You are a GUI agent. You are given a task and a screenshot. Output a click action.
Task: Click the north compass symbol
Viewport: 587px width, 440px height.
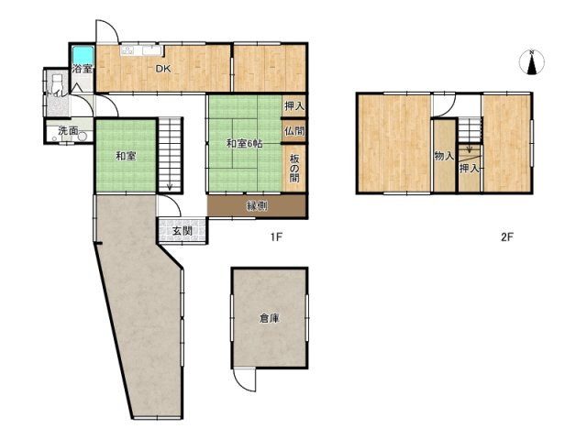532,62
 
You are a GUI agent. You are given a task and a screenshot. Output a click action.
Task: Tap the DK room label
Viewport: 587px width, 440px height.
163,69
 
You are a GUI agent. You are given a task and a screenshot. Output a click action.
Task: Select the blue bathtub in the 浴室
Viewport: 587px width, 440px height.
83,55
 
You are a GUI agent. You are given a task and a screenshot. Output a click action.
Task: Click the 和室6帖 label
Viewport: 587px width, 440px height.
244,143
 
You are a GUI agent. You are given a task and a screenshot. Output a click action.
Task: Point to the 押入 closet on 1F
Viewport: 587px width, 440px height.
294,106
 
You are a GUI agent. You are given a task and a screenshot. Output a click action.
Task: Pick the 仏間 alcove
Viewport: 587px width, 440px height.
294,131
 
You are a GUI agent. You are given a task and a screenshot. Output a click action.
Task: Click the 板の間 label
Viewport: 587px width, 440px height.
294,168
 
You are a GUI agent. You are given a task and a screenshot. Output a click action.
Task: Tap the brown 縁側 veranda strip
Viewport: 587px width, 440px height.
257,205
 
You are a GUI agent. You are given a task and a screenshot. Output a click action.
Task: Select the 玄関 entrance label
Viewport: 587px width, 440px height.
183,231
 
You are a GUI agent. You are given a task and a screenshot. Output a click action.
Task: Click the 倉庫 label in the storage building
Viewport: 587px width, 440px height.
270,318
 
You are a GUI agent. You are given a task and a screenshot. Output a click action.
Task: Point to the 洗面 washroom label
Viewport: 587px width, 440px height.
68,131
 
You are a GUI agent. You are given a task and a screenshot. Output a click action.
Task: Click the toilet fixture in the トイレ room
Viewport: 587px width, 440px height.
57,82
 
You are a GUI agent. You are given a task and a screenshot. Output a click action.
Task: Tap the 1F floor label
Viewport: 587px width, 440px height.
276,236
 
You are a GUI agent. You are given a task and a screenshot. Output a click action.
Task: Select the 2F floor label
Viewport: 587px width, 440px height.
507,236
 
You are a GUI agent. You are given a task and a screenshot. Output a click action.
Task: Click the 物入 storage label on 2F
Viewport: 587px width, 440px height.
444,156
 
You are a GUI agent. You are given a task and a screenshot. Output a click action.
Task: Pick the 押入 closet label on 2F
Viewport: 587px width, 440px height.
470,169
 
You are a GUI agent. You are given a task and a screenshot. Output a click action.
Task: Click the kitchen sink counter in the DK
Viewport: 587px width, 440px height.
142,50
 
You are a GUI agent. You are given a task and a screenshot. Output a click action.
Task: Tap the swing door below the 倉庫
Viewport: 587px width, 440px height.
244,379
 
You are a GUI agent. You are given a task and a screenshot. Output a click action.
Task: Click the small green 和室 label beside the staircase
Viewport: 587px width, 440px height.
126,156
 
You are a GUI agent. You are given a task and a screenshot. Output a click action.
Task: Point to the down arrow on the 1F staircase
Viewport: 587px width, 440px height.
170,185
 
